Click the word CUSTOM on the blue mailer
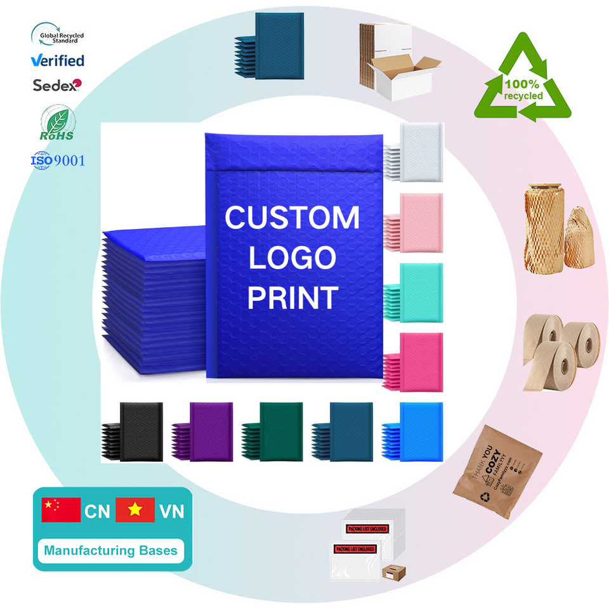[292, 218]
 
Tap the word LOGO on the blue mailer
[292, 258]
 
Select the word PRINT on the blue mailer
[292, 297]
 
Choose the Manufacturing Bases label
[110, 550]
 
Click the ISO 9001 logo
[58, 160]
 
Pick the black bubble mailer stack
[134, 429]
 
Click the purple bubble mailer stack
[204, 429]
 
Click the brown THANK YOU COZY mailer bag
[498, 470]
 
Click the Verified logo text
[58, 61]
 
